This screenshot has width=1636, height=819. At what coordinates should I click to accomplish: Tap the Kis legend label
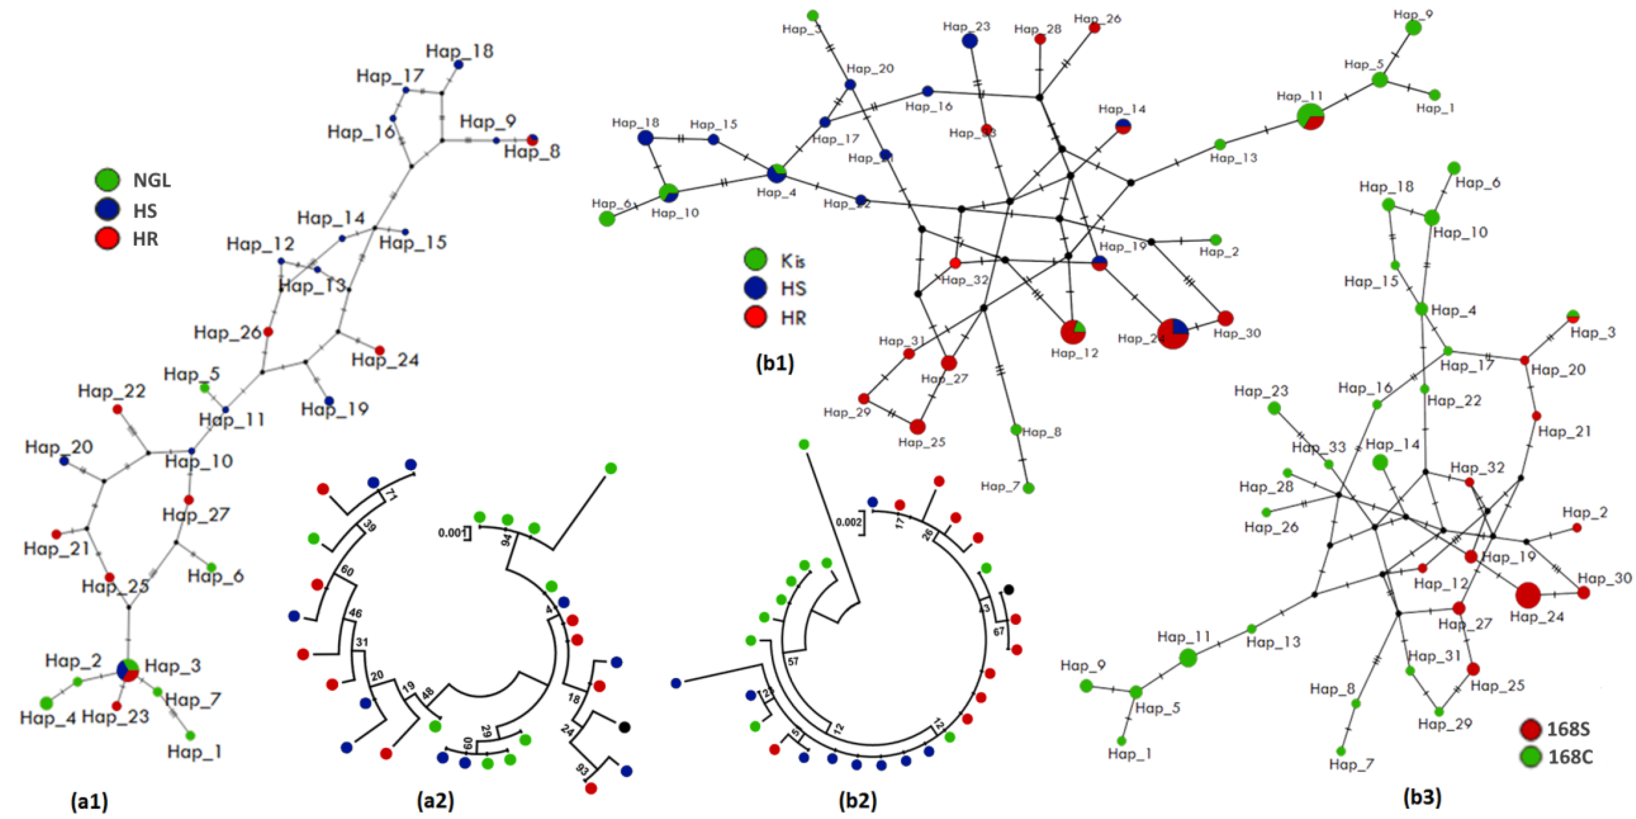[793, 260]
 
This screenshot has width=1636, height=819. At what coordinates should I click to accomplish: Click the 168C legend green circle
[1531, 756]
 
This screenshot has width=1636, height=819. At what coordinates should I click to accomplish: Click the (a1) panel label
[89, 801]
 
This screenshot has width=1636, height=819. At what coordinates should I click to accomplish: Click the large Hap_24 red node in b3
[1528, 595]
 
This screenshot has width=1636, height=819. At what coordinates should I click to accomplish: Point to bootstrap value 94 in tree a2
[506, 540]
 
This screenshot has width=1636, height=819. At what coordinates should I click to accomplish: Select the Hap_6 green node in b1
[607, 219]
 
